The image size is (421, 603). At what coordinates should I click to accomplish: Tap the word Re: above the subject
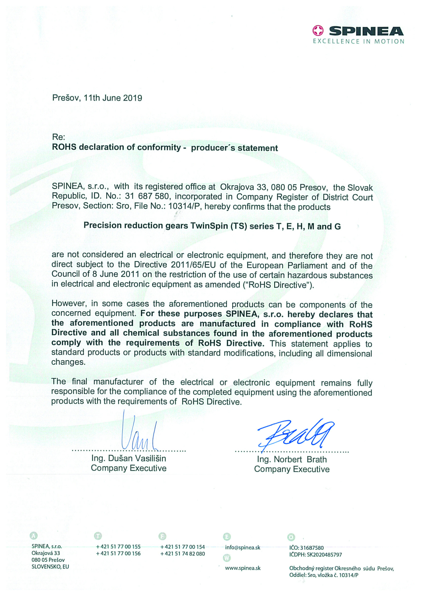(58, 137)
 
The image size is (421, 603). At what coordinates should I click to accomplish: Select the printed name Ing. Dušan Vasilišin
(129, 458)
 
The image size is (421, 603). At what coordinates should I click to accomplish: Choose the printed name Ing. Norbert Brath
(292, 459)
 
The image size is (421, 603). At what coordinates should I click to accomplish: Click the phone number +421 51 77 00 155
(118, 547)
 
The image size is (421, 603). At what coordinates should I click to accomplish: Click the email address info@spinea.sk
(243, 547)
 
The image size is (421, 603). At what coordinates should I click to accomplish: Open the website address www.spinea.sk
(243, 568)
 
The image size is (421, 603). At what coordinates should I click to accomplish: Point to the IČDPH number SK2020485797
(324, 555)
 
